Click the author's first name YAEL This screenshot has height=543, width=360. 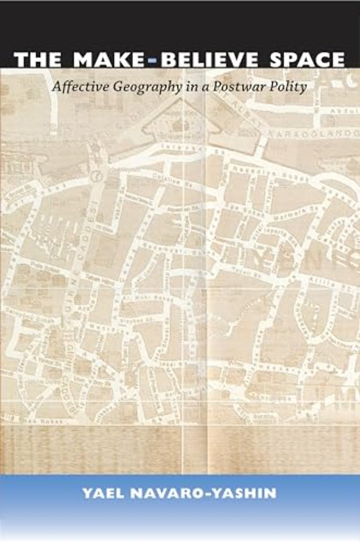[x=105, y=493]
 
